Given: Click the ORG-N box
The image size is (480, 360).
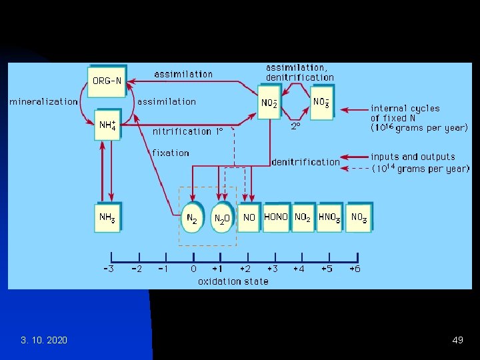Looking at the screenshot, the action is pyautogui.click(x=107, y=81).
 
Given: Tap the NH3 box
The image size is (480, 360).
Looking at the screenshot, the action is pyautogui.click(x=108, y=217).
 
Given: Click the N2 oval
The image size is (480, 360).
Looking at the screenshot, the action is pyautogui.click(x=192, y=218).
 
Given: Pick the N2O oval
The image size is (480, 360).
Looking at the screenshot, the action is pyautogui.click(x=223, y=218).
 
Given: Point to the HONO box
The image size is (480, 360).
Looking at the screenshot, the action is pyautogui.click(x=276, y=217).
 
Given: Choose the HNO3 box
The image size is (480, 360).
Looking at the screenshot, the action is pyautogui.click(x=330, y=217).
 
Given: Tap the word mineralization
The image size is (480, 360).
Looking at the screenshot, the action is pyautogui.click(x=43, y=102).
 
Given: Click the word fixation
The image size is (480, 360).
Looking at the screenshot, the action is pyautogui.click(x=171, y=153).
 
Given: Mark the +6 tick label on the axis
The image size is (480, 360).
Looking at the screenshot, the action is pyautogui.click(x=355, y=269).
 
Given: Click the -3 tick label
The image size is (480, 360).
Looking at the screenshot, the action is pyautogui.click(x=108, y=269).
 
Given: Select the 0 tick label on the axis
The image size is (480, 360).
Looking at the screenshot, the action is pyautogui.click(x=193, y=269).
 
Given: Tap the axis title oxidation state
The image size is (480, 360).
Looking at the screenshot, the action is pyautogui.click(x=233, y=281).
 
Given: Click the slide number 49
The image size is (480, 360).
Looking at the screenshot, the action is pyautogui.click(x=457, y=341).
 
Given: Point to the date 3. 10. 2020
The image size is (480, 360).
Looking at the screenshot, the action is pyautogui.click(x=44, y=341).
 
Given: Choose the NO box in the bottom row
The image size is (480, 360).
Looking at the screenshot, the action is pyautogui.click(x=249, y=217).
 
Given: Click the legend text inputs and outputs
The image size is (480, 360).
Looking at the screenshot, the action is pyautogui.click(x=413, y=157).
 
